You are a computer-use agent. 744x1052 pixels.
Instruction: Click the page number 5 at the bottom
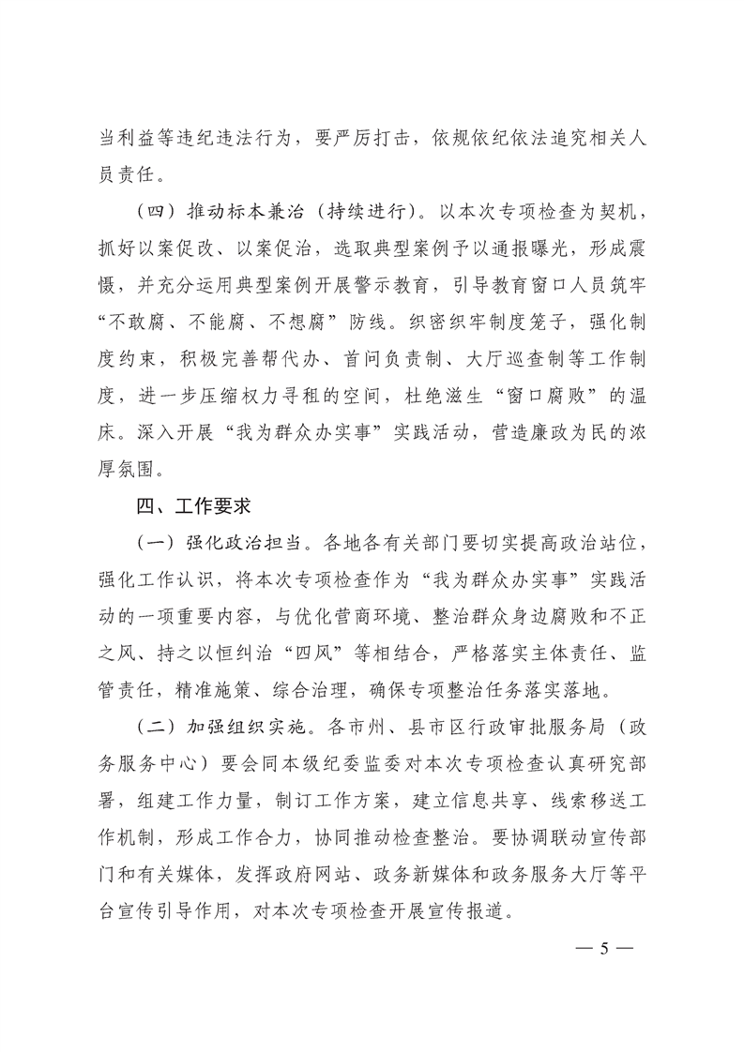[x=605, y=947]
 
